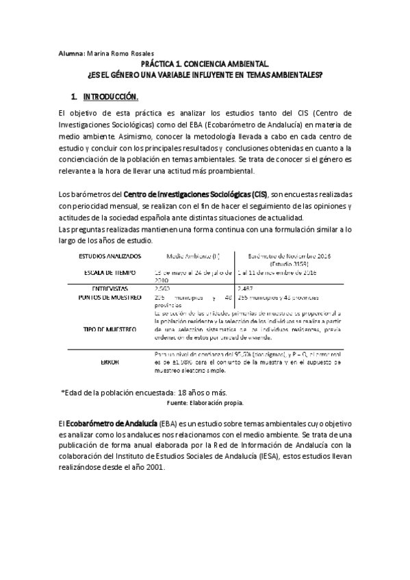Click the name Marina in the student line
[96, 53]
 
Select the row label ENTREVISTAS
[109, 289]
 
